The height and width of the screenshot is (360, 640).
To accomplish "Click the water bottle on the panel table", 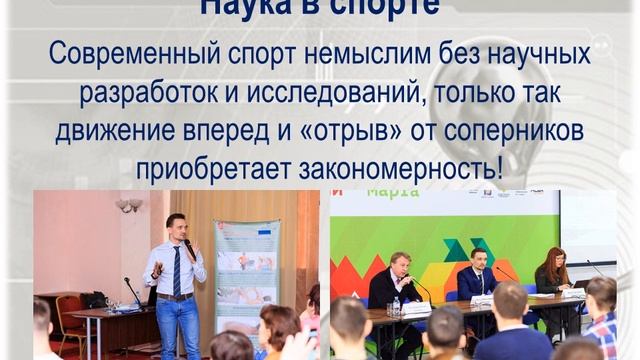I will pyautogui.click(x=396, y=303).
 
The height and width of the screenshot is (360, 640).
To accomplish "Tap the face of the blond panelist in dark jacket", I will pyautogui.click(x=400, y=264).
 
